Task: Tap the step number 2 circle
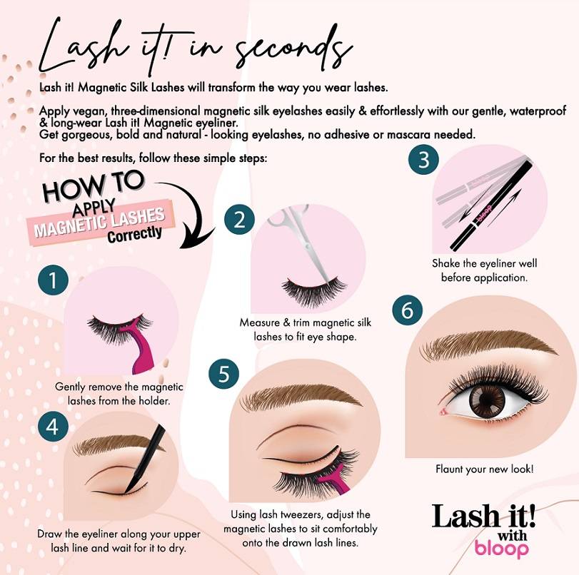tap(240, 218)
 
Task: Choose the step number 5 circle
tap(224, 375)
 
